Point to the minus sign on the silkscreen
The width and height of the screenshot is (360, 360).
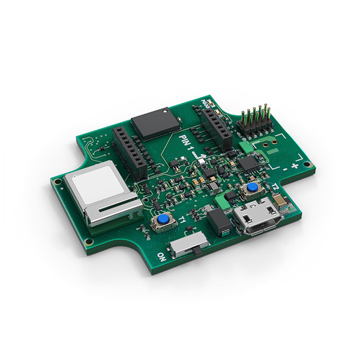point(285,167)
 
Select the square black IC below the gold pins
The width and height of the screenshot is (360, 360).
point(247,163)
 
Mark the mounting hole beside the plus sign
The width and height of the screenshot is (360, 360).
point(307,165)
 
